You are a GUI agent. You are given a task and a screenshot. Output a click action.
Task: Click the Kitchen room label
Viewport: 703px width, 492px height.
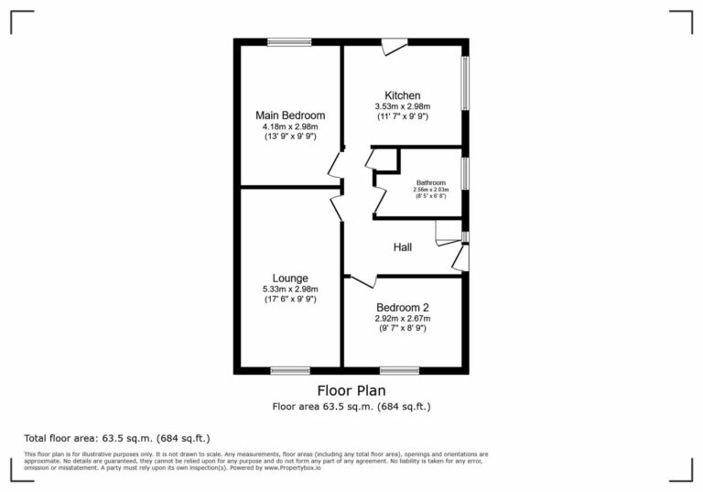pos(403,95)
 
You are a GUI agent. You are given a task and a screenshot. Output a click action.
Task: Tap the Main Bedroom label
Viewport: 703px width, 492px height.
pos(290,115)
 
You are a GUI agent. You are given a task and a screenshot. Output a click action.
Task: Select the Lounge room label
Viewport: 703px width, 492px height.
pos(290,278)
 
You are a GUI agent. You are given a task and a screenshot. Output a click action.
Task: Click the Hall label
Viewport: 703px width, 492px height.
pos(403,247)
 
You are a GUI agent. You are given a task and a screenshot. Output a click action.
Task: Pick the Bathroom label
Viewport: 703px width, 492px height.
pos(431,182)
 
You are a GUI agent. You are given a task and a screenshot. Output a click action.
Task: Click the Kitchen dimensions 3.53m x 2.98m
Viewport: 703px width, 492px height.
pos(403,106)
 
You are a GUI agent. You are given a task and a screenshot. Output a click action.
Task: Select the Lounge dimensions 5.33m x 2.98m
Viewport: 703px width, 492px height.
pos(290,289)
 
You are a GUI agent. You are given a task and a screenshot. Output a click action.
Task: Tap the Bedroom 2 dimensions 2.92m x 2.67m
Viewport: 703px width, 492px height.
pos(402,318)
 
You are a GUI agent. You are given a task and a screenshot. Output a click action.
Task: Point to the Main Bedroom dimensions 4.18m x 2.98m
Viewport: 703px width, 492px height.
pos(290,126)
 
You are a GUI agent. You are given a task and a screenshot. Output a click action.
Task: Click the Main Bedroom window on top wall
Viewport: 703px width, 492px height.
pos(290,41)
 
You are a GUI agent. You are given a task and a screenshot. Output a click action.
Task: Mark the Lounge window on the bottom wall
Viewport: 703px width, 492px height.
pos(290,370)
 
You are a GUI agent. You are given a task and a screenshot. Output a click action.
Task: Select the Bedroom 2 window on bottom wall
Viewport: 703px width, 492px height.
pos(399,370)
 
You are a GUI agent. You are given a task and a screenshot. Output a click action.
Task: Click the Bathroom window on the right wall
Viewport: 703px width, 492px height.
pos(465,173)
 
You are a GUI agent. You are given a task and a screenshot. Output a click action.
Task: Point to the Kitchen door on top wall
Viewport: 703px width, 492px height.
pos(395,45)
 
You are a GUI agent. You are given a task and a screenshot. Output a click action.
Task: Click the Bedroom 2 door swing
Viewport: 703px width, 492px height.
pos(363,279)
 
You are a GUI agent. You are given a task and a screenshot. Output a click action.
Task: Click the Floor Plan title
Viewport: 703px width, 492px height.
pos(351,390)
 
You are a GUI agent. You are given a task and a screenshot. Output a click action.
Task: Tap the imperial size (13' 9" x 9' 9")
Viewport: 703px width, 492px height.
pos(290,137)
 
